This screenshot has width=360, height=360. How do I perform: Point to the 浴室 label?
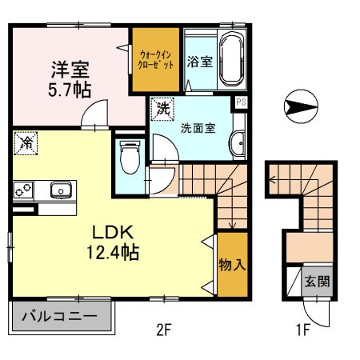pos(200,62)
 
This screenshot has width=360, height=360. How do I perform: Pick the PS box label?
pos(239,103)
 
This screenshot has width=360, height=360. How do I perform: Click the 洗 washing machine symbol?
pos(162,108)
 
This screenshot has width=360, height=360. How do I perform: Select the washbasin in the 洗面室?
pos(237,144)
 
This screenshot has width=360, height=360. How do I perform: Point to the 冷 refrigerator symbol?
pos(26,144)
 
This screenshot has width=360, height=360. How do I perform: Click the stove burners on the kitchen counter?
pos(22,190)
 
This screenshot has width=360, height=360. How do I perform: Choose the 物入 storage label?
pos(232,265)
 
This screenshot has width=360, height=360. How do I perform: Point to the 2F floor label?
pos(166,328)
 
